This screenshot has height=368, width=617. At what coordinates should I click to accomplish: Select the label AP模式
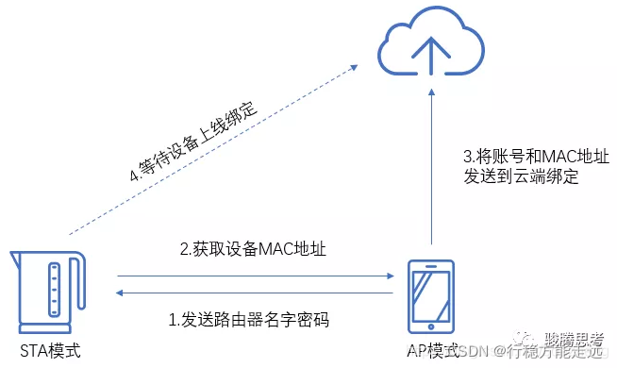coord(432,351)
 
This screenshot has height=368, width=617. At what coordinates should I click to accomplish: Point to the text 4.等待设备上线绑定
coord(190,142)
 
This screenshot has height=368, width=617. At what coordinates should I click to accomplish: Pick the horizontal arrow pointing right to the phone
coord(255,276)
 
